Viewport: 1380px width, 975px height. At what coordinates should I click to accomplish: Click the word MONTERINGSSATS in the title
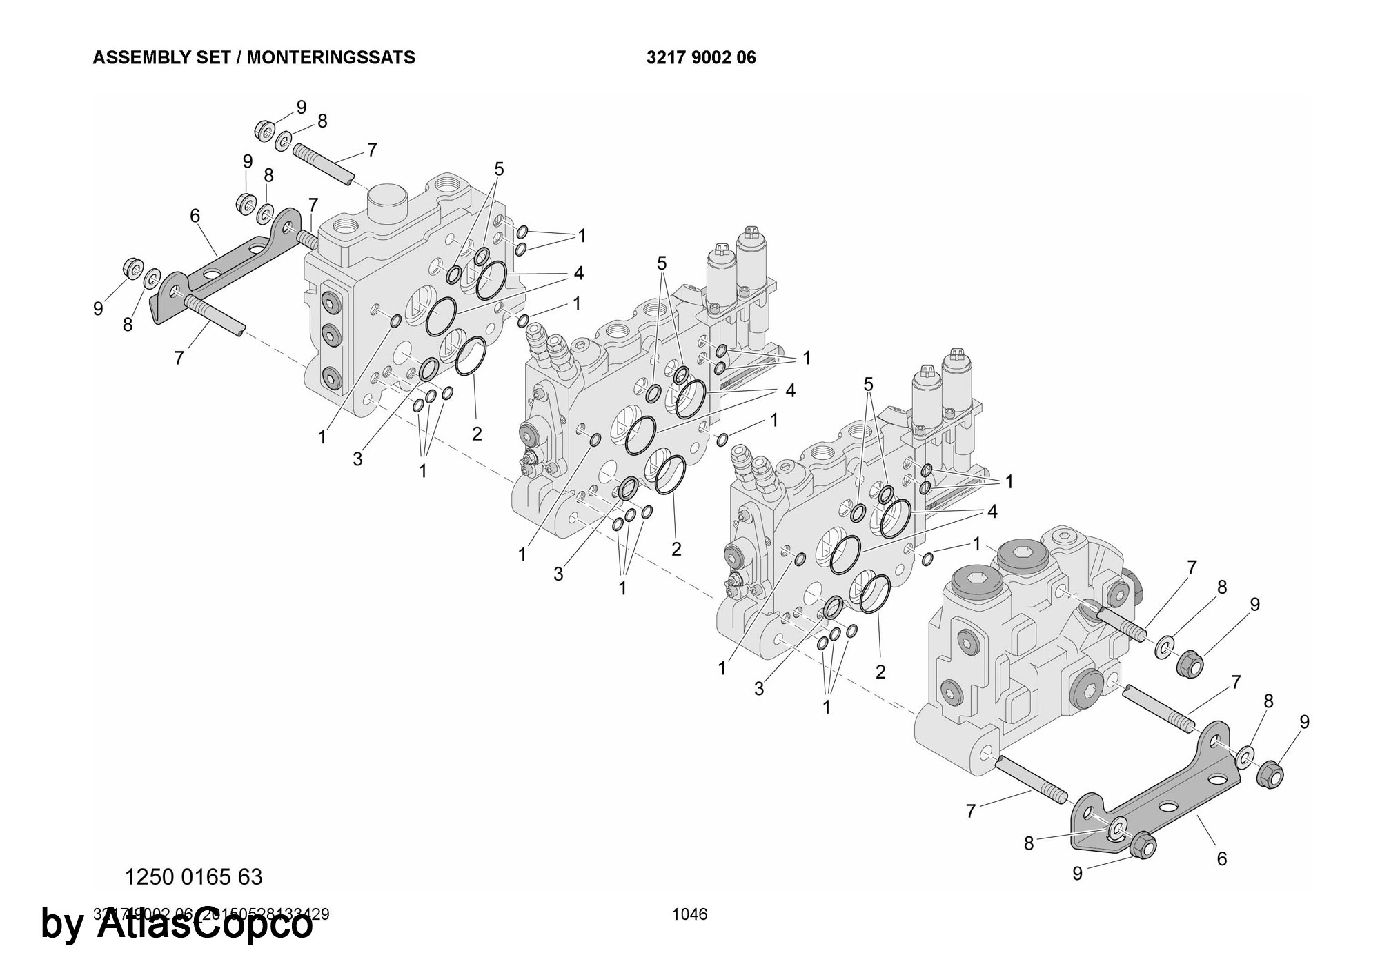click(331, 57)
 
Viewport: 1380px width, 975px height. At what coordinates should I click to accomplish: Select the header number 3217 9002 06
click(701, 57)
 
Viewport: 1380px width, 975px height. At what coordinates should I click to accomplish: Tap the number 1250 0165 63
click(193, 876)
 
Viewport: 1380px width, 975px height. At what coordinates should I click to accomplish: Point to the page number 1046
click(690, 914)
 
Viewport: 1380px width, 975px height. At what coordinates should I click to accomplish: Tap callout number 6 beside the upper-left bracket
click(195, 217)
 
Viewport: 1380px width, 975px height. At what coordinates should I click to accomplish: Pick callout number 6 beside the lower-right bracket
click(1222, 858)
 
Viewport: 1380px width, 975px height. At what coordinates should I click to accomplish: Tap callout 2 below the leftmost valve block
click(477, 434)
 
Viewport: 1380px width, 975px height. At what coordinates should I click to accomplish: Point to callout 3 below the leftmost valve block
click(357, 459)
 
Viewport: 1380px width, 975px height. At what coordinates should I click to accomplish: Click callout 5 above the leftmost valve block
click(499, 169)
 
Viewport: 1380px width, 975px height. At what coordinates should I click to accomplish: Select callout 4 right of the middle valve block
click(790, 391)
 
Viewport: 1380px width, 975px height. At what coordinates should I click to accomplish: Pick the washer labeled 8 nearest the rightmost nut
click(1247, 756)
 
